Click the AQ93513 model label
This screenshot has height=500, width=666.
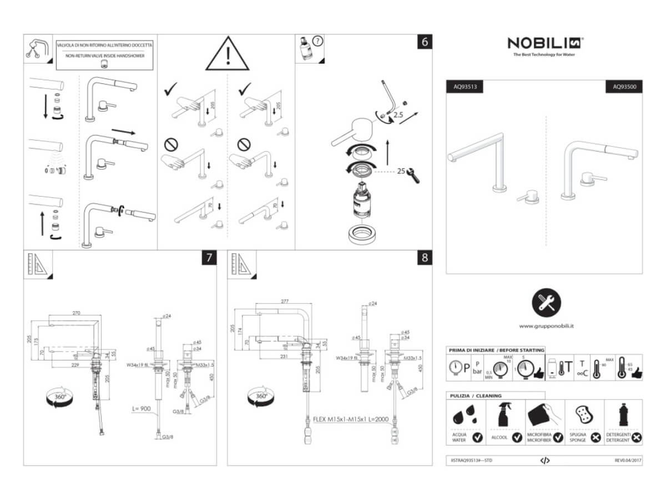click(x=465, y=87)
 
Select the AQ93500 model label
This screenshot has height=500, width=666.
click(x=624, y=87)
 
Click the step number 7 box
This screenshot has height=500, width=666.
click(x=209, y=257)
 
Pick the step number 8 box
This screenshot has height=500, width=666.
click(x=425, y=257)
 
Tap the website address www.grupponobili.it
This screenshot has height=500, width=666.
click(x=547, y=326)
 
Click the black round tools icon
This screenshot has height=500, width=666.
click(x=546, y=303)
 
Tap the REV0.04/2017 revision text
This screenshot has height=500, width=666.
click(x=627, y=461)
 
